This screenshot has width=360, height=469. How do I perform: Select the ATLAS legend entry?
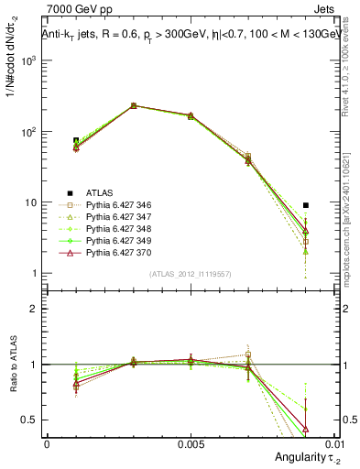(x=99, y=192)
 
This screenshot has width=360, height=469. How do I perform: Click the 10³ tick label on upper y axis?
(x=28, y=60)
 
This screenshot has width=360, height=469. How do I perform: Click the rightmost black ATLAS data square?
(x=306, y=205)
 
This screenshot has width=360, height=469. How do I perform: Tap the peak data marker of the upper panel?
(x=133, y=105)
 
